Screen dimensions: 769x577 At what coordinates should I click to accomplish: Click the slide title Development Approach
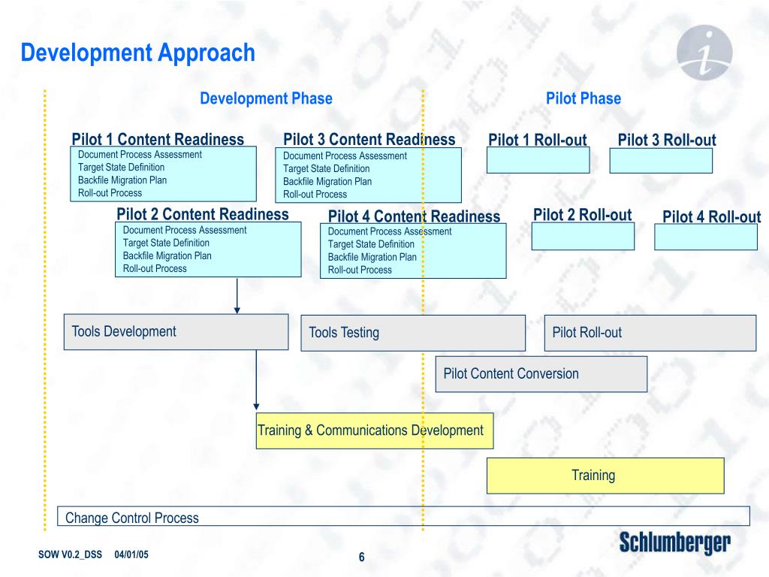click(x=138, y=53)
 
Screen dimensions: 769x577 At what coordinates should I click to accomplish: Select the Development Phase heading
click(x=266, y=98)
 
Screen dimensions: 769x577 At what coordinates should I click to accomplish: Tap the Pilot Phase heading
click(x=584, y=98)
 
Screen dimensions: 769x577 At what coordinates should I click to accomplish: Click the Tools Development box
click(x=176, y=331)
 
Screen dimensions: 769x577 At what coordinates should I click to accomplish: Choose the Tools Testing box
click(x=413, y=333)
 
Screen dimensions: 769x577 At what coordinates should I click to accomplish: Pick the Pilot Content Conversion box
click(x=541, y=374)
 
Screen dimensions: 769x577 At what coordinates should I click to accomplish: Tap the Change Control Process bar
click(x=403, y=517)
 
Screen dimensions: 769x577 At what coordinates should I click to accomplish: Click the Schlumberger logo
click(x=674, y=542)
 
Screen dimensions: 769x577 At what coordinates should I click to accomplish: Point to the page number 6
click(x=361, y=557)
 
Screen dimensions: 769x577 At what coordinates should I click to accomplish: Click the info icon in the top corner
click(x=704, y=53)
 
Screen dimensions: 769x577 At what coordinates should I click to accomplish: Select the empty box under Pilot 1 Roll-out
click(x=538, y=160)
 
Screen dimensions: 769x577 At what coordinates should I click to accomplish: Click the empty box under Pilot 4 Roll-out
click(x=706, y=237)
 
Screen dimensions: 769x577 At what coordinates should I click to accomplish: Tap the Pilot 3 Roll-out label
click(x=667, y=140)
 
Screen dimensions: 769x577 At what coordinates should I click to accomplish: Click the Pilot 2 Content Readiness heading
click(x=203, y=215)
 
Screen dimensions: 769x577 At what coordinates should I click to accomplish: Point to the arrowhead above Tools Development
click(x=237, y=309)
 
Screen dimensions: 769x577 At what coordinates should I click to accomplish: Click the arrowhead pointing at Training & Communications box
click(x=257, y=408)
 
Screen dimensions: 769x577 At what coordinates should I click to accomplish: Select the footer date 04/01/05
click(x=131, y=554)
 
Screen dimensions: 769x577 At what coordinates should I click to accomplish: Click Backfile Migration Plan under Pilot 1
click(x=122, y=180)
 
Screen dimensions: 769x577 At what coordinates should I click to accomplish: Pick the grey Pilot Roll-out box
click(x=650, y=333)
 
